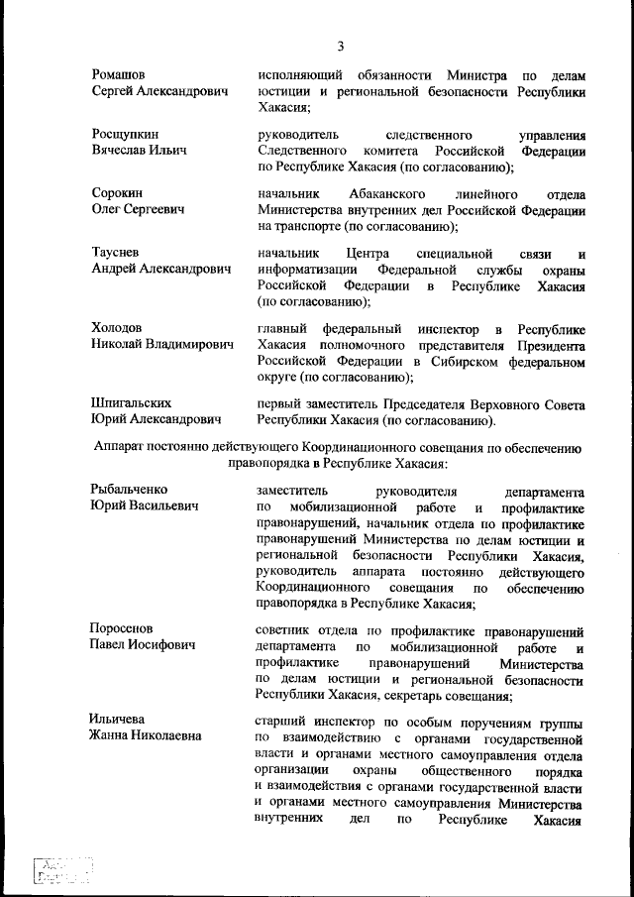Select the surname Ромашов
[x=119, y=75]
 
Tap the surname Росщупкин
[x=125, y=134]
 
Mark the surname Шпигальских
[x=132, y=403]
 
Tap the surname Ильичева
[x=118, y=719]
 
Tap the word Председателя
[x=437, y=403]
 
